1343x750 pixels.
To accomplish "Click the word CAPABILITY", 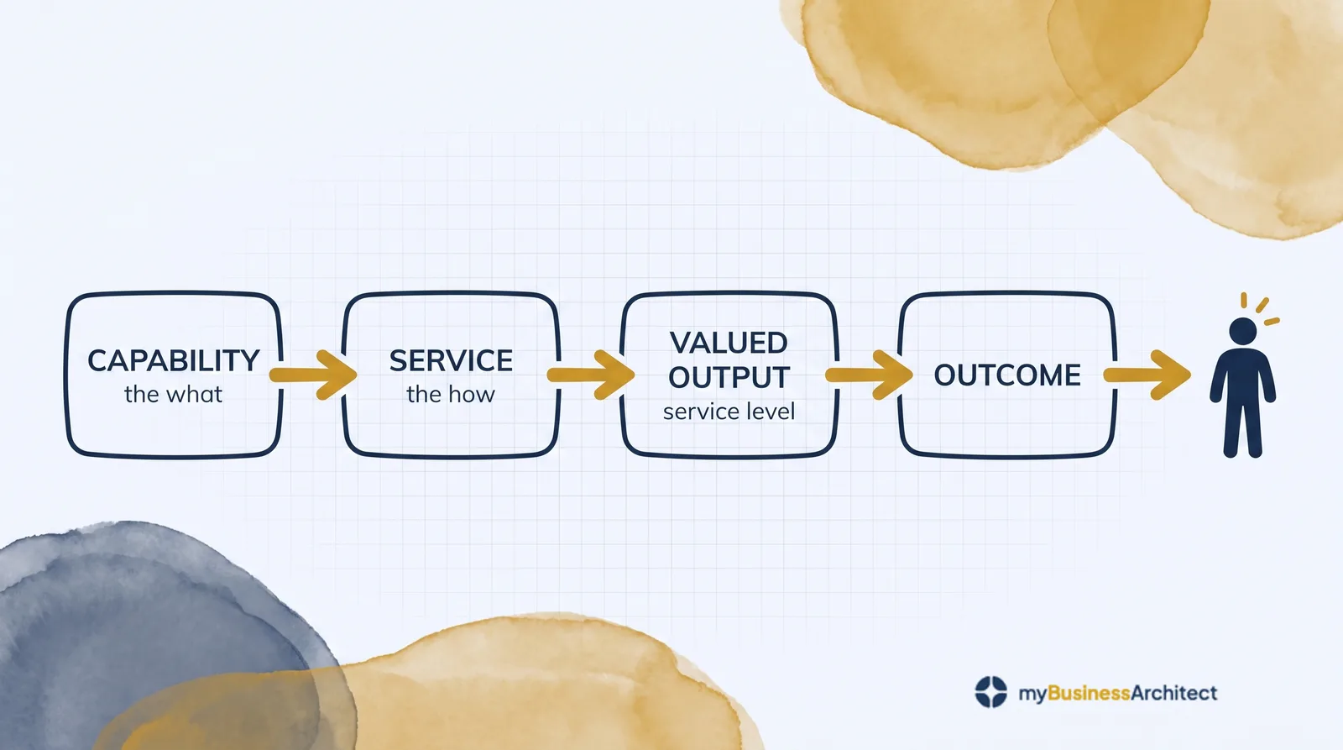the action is [x=173, y=360].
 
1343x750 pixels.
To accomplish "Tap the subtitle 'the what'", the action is [x=173, y=395].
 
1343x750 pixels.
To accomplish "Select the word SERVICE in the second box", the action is [x=451, y=360].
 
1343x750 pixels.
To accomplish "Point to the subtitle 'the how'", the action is [x=450, y=395].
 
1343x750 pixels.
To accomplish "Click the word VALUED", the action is [x=729, y=344].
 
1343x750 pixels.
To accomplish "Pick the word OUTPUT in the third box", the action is [x=729, y=377].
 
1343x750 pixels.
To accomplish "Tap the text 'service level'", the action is [x=729, y=412].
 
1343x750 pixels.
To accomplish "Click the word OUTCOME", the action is [x=1007, y=375].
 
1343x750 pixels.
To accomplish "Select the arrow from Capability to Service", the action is [x=313, y=375].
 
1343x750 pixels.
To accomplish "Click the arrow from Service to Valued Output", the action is [x=591, y=375].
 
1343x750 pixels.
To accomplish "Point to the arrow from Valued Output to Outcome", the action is [x=869, y=375].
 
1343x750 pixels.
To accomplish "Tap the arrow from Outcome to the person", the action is [x=1147, y=375].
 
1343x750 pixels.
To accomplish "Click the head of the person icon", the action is [x=1243, y=331].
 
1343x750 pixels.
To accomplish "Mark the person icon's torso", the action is [x=1243, y=378].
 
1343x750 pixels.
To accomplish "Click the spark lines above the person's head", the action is [x=1260, y=309].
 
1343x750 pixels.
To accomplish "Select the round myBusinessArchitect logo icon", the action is [x=991, y=692].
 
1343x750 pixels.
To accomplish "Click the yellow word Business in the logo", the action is [x=1089, y=693].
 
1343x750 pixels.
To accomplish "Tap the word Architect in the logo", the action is [x=1174, y=693].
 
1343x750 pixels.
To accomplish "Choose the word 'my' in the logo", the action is [x=1032, y=695].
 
